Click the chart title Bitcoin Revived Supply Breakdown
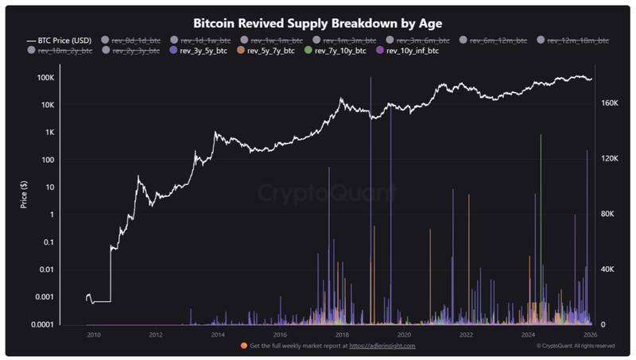coord(318,23)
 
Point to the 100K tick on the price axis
coord(45,78)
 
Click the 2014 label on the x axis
coord(218,335)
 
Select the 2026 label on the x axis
coord(589,335)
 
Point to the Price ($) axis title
coord(24,195)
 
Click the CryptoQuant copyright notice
coord(576,346)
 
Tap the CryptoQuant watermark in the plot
coord(325,192)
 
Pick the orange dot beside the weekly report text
coord(242,346)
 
